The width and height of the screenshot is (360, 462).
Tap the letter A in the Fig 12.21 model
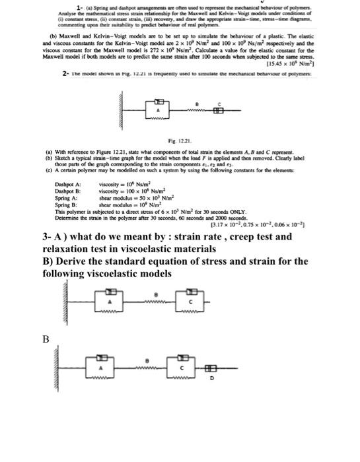click(x=159, y=123)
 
